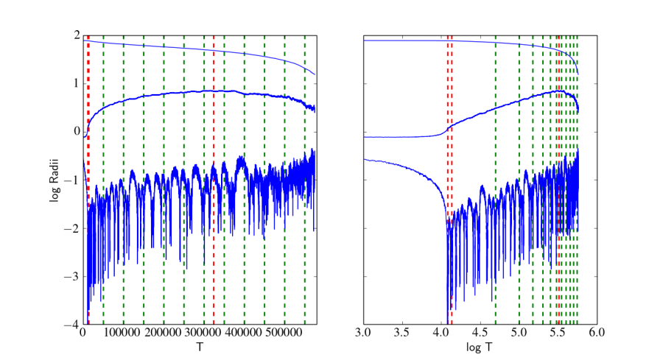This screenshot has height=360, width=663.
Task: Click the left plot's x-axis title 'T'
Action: pyautogui.click(x=199, y=346)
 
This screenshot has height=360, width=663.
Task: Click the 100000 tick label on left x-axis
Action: pyautogui.click(x=123, y=333)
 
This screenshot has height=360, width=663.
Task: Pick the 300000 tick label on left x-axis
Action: pyautogui.click(x=204, y=333)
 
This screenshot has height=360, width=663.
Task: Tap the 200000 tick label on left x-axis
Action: pyautogui.click(x=164, y=333)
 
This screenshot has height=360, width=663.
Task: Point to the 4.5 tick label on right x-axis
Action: pyautogui.click(x=480, y=333)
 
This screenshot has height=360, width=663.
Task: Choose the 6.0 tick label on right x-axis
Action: pyautogui.click(x=597, y=333)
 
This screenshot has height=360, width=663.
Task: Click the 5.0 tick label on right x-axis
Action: pyautogui.click(x=519, y=333)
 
